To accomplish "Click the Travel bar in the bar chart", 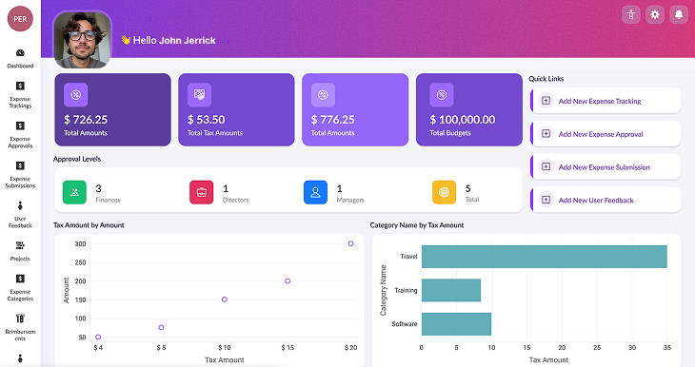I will pos(544,257).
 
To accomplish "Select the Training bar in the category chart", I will pos(450,290).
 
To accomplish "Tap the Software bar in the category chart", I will pos(456,324).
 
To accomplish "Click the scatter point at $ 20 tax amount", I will pos(350,243).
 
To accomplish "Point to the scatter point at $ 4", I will pos(98,337).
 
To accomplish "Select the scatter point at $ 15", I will pos(288,280).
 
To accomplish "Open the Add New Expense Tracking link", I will pos(600,101).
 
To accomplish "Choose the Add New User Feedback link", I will pos(596,201).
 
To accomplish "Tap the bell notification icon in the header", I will pos(679,14).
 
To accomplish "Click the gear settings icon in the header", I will pos(655,14).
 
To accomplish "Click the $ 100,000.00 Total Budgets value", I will pos(463,120).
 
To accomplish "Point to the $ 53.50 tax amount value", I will pos(207,120).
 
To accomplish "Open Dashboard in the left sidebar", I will pos(20,58).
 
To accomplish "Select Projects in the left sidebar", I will pos(20,251).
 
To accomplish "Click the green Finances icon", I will pos(75,193).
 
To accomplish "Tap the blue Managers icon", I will pos(316,193).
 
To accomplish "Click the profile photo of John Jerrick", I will pos(82,40).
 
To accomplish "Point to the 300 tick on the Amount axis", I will pos(81,243).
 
